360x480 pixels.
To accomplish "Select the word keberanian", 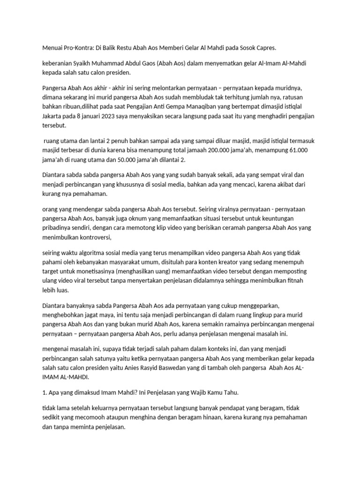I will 58,64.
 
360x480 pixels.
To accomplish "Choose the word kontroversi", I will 92,237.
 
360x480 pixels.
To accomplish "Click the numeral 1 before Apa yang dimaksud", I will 44,392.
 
